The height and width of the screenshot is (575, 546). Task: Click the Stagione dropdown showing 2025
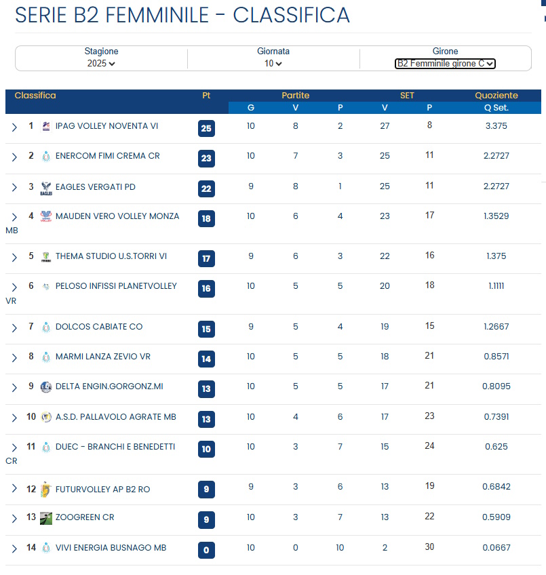coord(101,63)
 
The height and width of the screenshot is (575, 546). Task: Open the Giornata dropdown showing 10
coord(273,63)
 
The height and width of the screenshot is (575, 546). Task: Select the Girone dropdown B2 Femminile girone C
coord(445,64)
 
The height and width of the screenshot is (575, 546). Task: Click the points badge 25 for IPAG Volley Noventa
coord(206,128)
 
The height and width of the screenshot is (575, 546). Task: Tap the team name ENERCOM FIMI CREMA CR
coord(107,156)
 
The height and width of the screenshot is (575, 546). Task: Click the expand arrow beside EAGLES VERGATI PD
coord(14,188)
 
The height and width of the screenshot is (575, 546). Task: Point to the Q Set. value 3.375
coord(496,125)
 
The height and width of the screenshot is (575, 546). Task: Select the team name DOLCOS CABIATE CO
coord(99,327)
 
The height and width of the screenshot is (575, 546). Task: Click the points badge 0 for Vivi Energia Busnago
coord(206,550)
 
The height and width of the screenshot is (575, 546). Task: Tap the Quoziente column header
coord(496,96)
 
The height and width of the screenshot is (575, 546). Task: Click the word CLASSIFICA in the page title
coord(291,15)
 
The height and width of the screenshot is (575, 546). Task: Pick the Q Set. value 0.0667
coord(496,548)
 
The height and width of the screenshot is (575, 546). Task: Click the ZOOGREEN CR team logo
coord(46,518)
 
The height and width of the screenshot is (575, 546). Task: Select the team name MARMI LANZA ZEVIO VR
coord(103,357)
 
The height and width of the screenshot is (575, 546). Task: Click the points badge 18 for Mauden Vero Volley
coord(206,218)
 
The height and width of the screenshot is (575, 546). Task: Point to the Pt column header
coord(206,96)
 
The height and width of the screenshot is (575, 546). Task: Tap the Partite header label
coord(295,96)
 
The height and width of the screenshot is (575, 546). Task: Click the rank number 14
coord(31,548)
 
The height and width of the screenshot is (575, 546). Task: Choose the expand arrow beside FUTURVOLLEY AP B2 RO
coord(14,490)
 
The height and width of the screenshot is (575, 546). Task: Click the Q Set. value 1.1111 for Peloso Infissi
coord(496,286)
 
